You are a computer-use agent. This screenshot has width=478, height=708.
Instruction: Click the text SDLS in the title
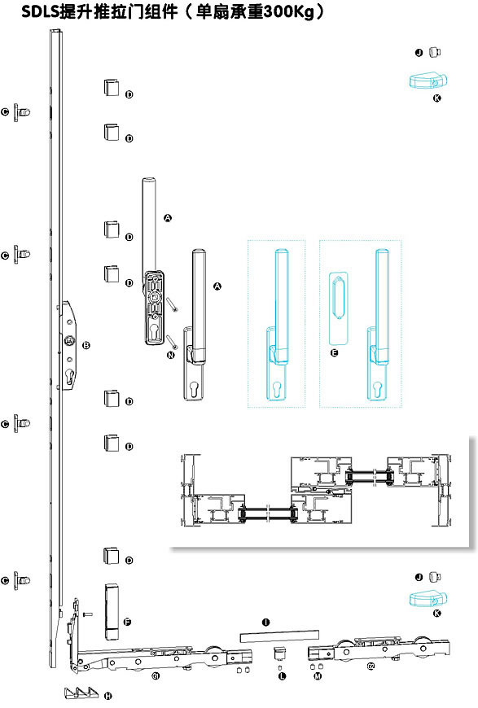point(40,11)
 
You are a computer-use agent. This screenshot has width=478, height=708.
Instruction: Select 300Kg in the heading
point(288,11)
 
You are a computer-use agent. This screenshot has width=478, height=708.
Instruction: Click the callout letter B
point(86,345)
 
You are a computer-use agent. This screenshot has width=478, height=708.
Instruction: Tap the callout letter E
point(335,352)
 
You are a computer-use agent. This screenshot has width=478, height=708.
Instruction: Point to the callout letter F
point(127,623)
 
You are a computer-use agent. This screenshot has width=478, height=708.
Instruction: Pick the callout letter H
point(108,696)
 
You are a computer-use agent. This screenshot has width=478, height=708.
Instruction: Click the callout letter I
point(265,623)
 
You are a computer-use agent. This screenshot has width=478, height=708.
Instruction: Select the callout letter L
point(283,676)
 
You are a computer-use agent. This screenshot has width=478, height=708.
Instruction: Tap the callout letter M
point(318,676)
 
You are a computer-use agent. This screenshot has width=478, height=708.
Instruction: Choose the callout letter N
point(171,355)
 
